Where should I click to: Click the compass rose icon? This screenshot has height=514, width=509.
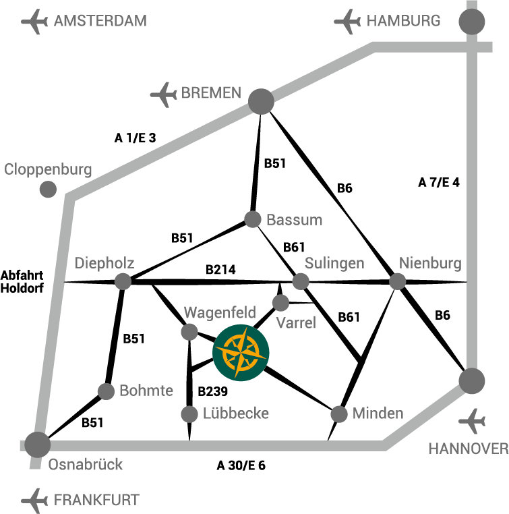pos(241,351)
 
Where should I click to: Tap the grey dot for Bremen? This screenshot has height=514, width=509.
pos(261,102)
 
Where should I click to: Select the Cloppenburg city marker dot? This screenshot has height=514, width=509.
pos(48,190)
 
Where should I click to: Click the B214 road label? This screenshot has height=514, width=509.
pos(220,270)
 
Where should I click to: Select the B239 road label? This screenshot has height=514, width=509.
pos(212,391)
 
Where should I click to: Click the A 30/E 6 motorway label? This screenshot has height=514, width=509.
pos(241,465)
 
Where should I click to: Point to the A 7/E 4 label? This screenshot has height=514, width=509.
pos(439,181)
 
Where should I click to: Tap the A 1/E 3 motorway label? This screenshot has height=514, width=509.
pos(135,138)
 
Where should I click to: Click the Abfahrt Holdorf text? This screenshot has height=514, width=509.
pos(22,282)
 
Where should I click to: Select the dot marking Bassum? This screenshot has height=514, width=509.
pos(253,219)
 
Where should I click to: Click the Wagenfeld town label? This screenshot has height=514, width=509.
pos(220,312)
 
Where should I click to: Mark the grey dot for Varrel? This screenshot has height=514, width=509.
pos(280,302)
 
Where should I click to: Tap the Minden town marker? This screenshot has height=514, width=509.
pos(339,413)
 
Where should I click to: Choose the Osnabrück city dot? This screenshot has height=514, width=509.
pos(38,443)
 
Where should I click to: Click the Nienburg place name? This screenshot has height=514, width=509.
pos(430,262)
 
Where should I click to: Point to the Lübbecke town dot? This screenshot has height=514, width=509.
pos(189,413)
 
